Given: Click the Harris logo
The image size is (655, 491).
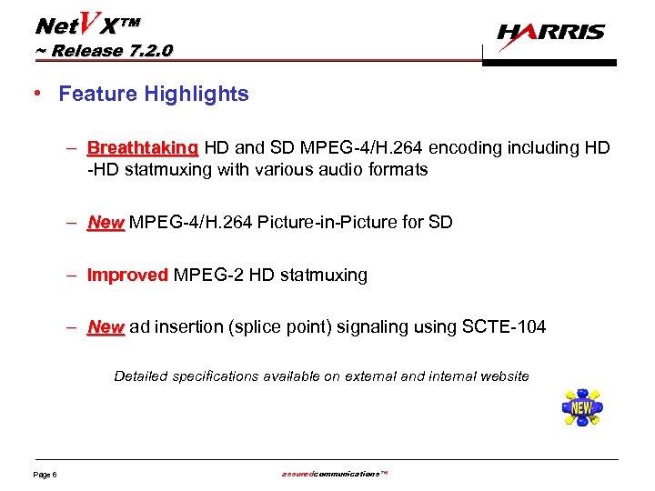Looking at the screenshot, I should pyautogui.click(x=550, y=33).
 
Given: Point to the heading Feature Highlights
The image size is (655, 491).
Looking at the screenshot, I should pyautogui.click(x=154, y=94).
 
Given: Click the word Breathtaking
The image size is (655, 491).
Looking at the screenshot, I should pyautogui.click(x=143, y=147).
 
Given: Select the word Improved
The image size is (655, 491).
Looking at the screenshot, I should pyautogui.click(x=127, y=275).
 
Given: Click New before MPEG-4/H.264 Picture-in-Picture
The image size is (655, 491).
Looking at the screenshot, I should pyautogui.click(x=106, y=222).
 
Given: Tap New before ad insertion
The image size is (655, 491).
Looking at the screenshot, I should pyautogui.click(x=106, y=326).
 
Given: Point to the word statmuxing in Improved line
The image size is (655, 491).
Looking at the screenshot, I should pyautogui.click(x=324, y=275).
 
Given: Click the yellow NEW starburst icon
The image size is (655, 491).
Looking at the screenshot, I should pyautogui.click(x=582, y=407).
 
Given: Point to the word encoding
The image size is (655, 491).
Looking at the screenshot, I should pyautogui.click(x=469, y=147).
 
